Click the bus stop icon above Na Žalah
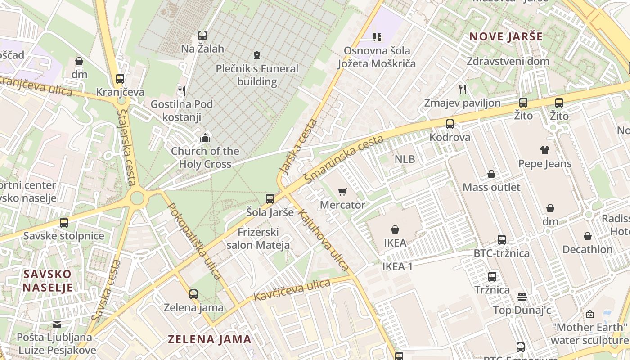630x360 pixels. pyautogui.click(x=202, y=36)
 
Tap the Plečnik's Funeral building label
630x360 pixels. pyautogui.click(x=257, y=75)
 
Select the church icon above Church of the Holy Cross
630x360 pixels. pyautogui.click(x=205, y=137)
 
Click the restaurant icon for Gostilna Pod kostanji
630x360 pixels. pyautogui.click(x=182, y=91)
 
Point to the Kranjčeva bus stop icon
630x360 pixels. pyautogui.click(x=120, y=79)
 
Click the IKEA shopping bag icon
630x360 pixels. pyautogui.click(x=395, y=229)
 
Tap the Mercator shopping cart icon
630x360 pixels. pyautogui.click(x=342, y=192)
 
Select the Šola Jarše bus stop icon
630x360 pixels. pyautogui.click(x=270, y=199)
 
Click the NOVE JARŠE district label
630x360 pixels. pyautogui.click(x=506, y=37)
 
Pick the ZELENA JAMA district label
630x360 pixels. pyautogui.click(x=209, y=339)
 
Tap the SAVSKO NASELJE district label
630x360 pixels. pyautogui.click(x=48, y=281)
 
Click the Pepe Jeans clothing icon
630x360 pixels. pyautogui.click(x=545, y=150)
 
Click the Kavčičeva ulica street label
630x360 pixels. pyautogui.click(x=292, y=291)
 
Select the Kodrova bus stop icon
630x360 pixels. pyautogui.click(x=450, y=124)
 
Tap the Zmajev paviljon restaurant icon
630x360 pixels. pyautogui.click(x=462, y=90)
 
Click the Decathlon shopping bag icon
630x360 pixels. pyautogui.click(x=588, y=236)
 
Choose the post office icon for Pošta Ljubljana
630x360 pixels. pyautogui.click(x=57, y=324)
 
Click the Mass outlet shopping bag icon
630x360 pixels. pyautogui.click(x=491, y=174)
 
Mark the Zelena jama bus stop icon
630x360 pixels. pyautogui.click(x=193, y=294)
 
